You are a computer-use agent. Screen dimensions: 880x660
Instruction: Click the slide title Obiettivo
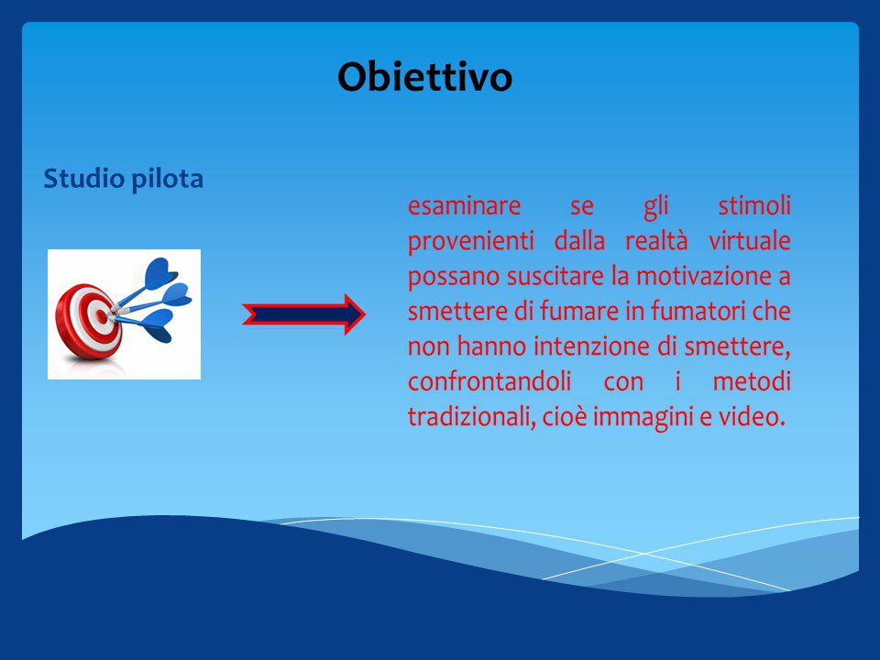(x=424, y=76)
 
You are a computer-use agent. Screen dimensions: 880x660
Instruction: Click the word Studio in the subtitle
(x=84, y=179)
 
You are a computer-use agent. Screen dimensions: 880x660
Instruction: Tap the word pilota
(x=167, y=179)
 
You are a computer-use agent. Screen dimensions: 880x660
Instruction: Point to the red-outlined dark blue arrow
(x=303, y=314)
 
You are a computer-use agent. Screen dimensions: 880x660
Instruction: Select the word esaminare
(x=464, y=205)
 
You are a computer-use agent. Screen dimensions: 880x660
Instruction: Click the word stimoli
(x=754, y=204)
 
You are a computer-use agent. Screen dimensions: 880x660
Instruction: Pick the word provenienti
(x=470, y=242)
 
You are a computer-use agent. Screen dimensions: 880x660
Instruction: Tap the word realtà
(x=656, y=241)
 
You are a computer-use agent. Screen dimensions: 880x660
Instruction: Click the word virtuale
(x=750, y=241)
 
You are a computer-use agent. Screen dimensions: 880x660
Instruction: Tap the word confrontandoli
(x=489, y=381)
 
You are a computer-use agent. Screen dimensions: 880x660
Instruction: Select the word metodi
(x=752, y=381)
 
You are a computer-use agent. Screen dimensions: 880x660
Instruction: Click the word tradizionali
(x=471, y=417)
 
